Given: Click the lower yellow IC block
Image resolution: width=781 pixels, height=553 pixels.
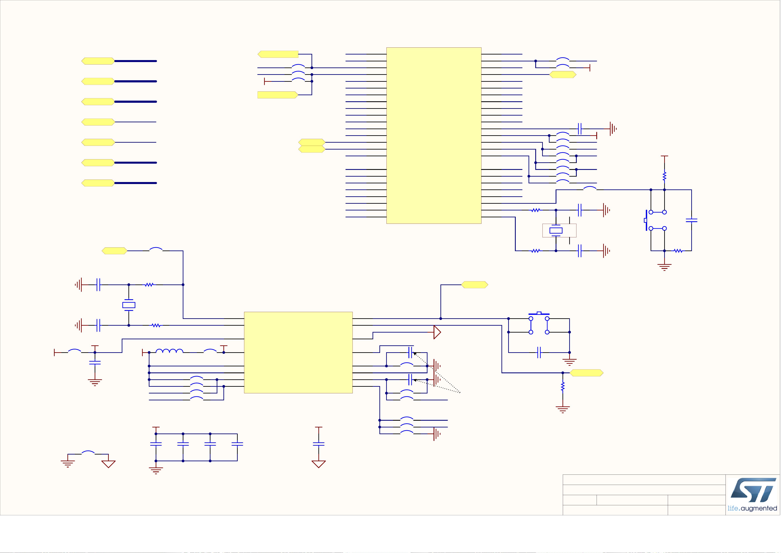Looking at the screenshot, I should [x=298, y=352].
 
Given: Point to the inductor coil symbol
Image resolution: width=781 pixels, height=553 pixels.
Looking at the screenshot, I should [x=169, y=351].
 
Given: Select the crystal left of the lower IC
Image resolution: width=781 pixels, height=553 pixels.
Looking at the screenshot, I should [x=129, y=305].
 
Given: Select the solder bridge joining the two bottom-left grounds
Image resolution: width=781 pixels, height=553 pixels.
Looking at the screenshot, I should [x=88, y=453].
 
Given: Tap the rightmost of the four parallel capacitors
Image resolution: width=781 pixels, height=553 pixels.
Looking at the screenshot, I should [x=237, y=444].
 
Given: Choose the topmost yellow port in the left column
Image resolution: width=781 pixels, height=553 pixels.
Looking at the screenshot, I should [x=98, y=61].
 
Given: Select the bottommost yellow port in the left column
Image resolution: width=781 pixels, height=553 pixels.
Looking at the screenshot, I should [x=98, y=183].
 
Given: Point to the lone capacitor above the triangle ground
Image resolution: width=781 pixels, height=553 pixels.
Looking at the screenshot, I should [x=319, y=444].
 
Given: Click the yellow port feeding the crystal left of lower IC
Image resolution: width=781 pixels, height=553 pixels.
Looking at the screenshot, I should [x=114, y=251].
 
